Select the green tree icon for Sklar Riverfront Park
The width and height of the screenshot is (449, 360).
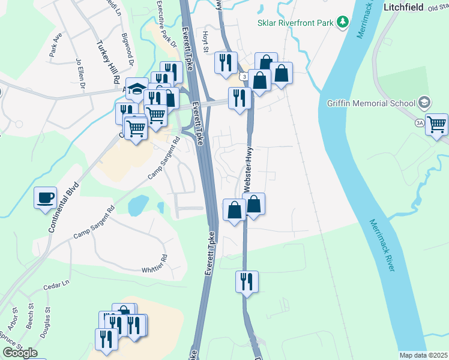[343, 23]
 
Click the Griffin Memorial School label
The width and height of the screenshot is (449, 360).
[372, 102]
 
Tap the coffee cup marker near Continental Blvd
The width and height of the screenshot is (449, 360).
[46, 198]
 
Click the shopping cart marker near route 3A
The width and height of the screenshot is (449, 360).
[436, 125]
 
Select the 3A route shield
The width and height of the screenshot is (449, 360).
[419, 122]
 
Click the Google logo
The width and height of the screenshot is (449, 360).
[20, 353]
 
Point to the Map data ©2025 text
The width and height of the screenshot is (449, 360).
[423, 355]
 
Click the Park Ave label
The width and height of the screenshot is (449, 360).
[56, 49]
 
